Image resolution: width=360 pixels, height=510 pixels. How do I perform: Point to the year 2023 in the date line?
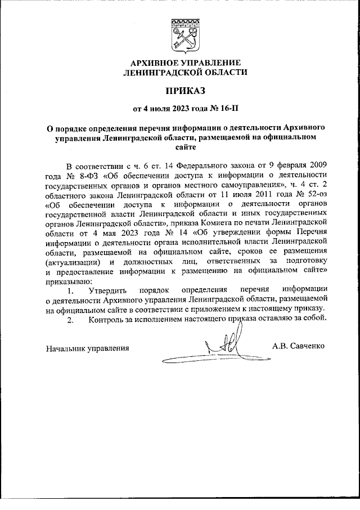tap(172, 108)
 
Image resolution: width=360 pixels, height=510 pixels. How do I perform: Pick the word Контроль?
tap(107, 319)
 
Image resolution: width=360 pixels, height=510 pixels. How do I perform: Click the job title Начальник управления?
tap(87, 348)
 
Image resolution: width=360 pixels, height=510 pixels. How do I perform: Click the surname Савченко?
tap(310, 345)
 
